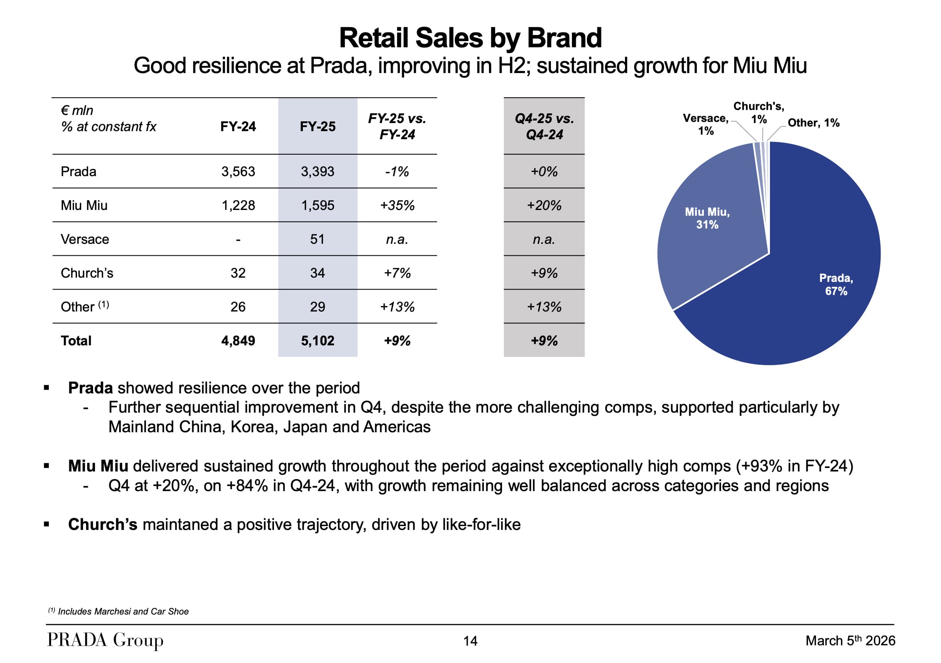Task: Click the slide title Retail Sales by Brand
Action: [x=470, y=38]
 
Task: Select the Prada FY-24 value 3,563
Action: [x=238, y=172]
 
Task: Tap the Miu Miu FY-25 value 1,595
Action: [x=318, y=205]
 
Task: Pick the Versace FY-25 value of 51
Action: [x=317, y=239]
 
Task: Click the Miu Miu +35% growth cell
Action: [x=397, y=205]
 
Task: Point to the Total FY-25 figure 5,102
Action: [x=318, y=340]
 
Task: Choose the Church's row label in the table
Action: [x=87, y=273]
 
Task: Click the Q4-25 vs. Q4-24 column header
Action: [x=544, y=126]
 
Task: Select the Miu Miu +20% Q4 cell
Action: [x=544, y=205]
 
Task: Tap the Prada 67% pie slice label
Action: [x=836, y=285]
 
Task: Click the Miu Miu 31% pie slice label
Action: [x=707, y=218]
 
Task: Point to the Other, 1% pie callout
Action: [x=813, y=123]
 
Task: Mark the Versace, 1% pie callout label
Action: [x=705, y=124]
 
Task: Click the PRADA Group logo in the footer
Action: [x=105, y=640]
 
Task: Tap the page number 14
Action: [x=470, y=641]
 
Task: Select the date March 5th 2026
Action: [x=850, y=640]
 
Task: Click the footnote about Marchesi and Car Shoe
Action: [x=118, y=611]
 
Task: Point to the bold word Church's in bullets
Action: [x=103, y=525]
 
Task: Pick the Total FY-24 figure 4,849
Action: [x=238, y=340]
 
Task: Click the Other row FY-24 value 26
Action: [x=238, y=307]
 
